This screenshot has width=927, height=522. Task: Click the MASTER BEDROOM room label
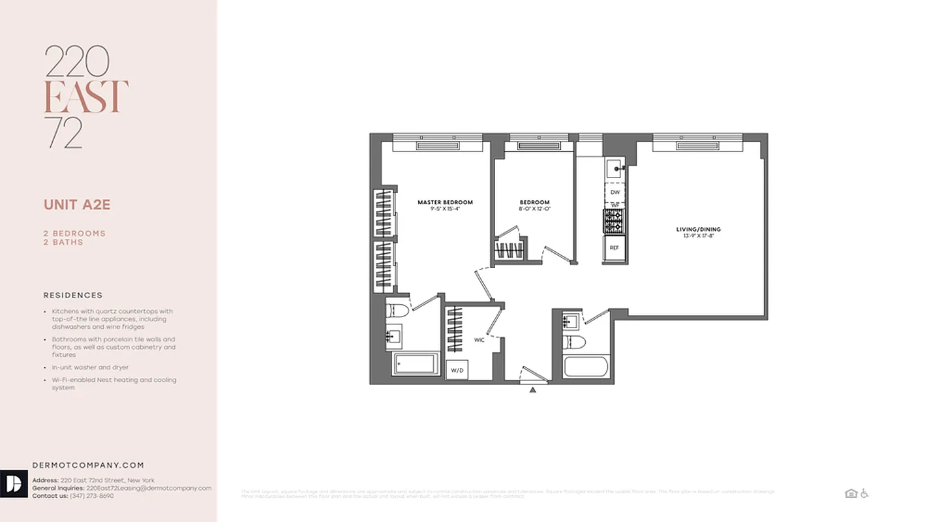coord(445,202)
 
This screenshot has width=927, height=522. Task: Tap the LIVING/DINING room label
coord(698,230)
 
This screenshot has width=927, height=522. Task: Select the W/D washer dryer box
coord(457,370)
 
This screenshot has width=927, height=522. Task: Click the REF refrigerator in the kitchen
coord(614,248)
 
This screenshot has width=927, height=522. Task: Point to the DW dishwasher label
coord(615,192)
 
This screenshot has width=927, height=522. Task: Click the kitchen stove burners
coord(614,221)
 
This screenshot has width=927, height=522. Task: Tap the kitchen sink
coord(615,170)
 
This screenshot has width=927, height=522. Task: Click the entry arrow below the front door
coord(533,390)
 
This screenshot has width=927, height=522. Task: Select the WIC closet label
coord(479,340)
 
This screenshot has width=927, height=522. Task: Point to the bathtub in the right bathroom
coord(586,366)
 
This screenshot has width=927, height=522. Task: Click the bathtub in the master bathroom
coord(416,363)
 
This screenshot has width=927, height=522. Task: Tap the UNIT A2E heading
coord(77,205)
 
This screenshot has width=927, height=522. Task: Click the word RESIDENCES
coord(73,296)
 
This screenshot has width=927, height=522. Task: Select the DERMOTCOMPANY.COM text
coord(88,465)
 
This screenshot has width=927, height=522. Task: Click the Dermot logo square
coord(14,484)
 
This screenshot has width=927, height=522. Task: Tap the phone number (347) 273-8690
coord(91,496)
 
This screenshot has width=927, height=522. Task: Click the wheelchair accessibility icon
coord(864,494)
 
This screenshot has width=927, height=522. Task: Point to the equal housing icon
coord(851,494)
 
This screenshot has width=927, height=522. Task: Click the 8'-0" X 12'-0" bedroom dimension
coord(535,209)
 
